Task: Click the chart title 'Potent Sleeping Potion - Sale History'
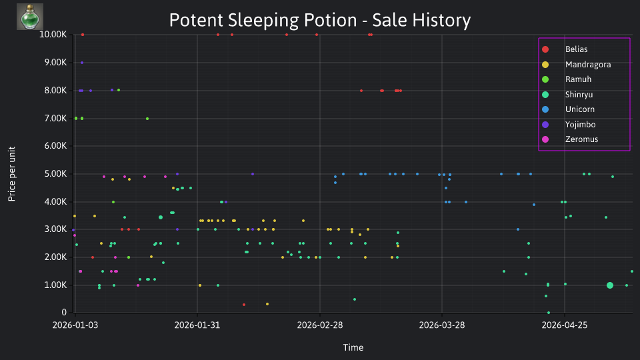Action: (320, 20)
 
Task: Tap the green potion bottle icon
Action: (30, 17)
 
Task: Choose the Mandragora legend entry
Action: (576, 65)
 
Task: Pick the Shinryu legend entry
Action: (567, 95)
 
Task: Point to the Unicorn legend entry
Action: (568, 109)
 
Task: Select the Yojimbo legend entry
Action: (569, 125)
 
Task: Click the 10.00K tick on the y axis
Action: (53, 35)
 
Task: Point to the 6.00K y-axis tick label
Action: (55, 146)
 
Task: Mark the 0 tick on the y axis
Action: (64, 312)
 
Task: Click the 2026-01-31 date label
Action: (197, 325)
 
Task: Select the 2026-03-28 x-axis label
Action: (442, 325)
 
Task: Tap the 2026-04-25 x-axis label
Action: (565, 325)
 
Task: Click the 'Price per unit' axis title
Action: (12, 174)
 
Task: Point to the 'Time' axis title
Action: (353, 347)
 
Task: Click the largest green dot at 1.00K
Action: (610, 285)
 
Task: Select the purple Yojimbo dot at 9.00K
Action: (82, 63)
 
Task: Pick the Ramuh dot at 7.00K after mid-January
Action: (147, 119)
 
